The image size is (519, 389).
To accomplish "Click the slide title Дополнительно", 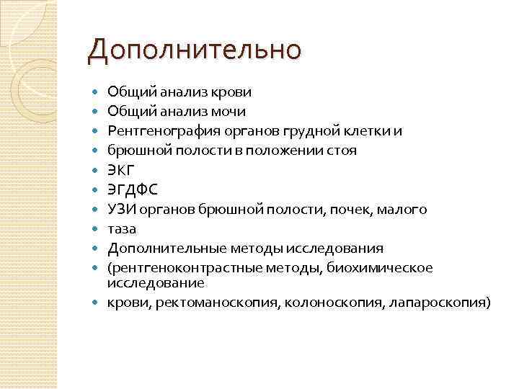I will pos(192,50).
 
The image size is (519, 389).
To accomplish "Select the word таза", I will pos(122,229).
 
